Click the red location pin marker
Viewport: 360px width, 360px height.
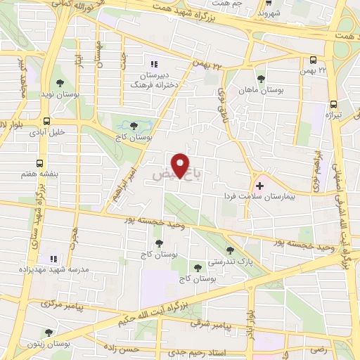(181, 165)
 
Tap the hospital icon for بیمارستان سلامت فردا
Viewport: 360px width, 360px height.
(260, 186)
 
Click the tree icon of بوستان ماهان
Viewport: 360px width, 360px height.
(261, 79)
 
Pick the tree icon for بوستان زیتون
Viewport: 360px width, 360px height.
(49, 333)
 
